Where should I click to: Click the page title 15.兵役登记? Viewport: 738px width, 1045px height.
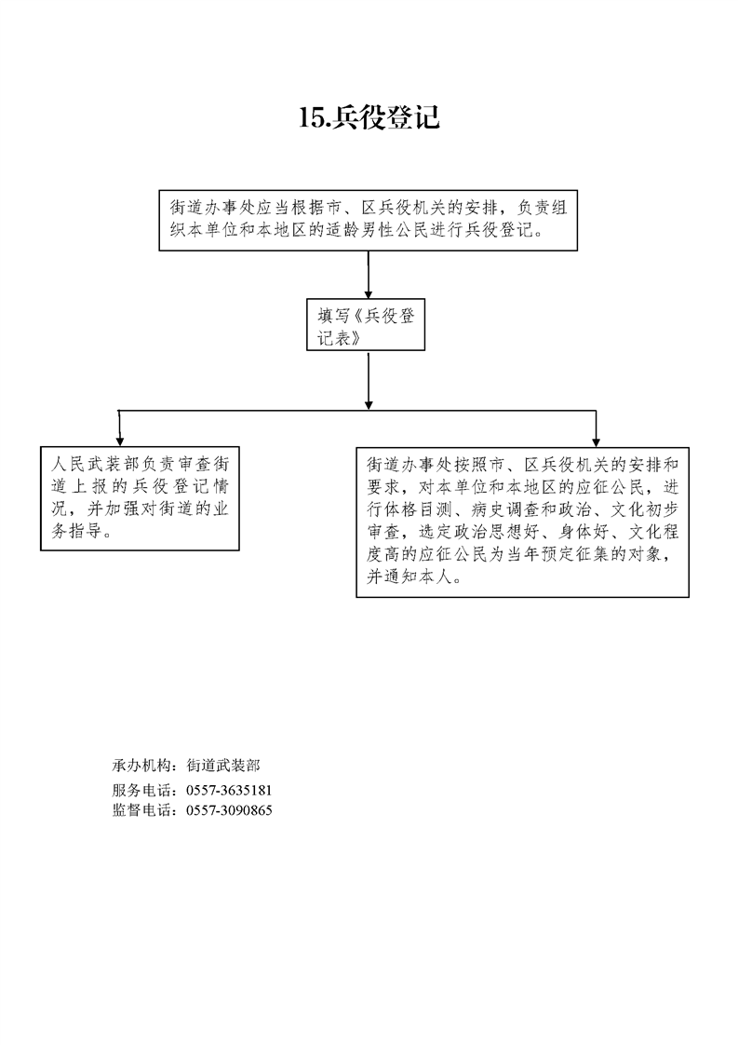(369, 117)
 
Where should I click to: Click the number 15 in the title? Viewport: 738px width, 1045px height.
(311, 118)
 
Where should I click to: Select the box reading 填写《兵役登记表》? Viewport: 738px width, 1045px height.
(366, 324)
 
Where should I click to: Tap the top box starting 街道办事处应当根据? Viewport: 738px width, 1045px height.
(369, 221)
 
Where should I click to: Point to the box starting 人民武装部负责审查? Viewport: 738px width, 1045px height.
(140, 498)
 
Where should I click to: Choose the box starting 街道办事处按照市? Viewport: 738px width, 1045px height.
(523, 522)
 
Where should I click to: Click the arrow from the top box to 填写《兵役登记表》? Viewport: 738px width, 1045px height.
(369, 275)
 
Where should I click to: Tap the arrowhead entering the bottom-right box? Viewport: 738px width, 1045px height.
(597, 441)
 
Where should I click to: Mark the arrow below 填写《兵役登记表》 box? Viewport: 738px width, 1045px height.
(369, 381)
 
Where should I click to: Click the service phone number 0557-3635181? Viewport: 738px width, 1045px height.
(229, 791)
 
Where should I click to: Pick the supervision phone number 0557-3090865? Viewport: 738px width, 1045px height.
(229, 810)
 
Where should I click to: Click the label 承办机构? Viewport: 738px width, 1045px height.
(140, 765)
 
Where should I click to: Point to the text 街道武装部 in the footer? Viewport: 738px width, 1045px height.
(223, 765)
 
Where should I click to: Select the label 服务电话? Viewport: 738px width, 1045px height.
(140, 791)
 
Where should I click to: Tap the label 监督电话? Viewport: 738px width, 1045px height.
(140, 810)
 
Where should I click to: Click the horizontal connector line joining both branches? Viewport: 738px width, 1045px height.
(357, 411)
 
